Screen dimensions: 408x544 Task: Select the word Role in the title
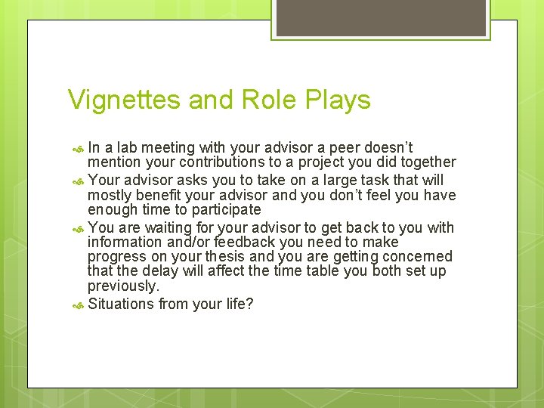click(267, 100)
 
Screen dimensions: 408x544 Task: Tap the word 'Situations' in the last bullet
click(122, 304)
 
